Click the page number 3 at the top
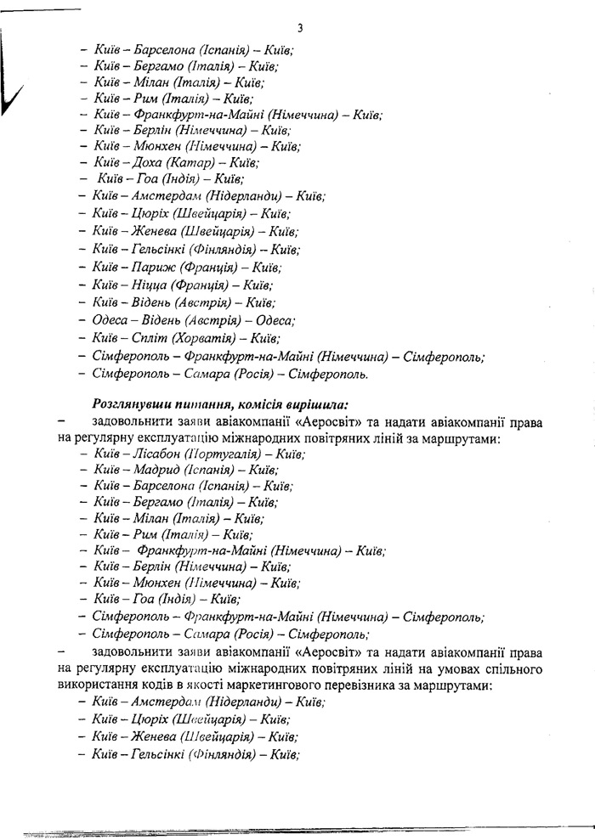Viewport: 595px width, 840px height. coord(300,28)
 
